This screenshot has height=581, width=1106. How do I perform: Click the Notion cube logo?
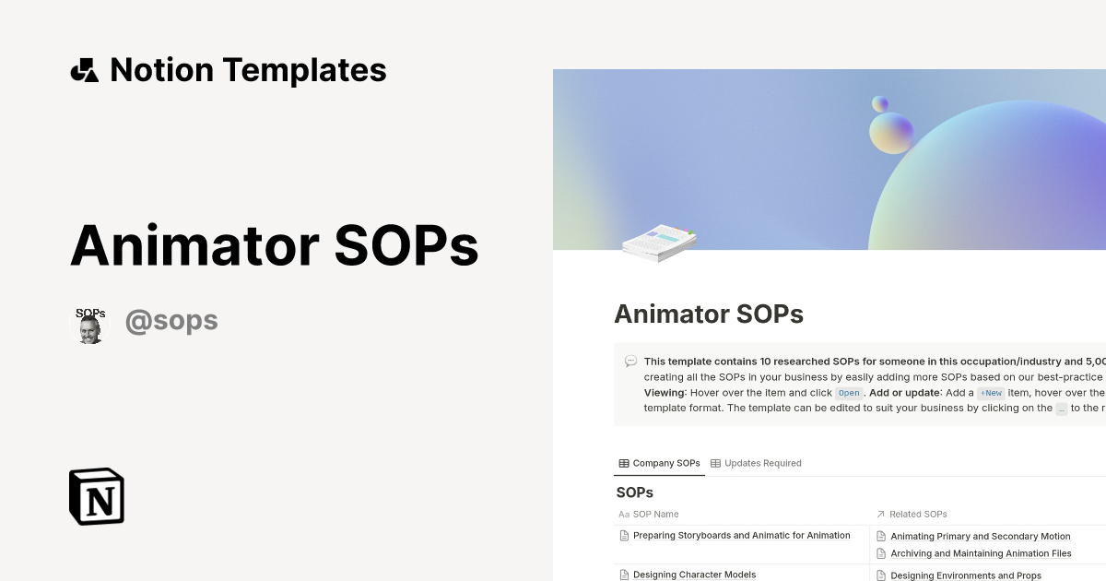tap(97, 496)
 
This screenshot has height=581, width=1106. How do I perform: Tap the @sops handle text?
tap(171, 321)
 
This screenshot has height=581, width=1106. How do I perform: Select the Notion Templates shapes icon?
tap(85, 70)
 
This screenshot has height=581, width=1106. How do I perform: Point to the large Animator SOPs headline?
tap(275, 246)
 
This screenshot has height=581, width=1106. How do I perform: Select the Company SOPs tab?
tap(659, 463)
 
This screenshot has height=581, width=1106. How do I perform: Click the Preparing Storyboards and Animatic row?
tap(741, 535)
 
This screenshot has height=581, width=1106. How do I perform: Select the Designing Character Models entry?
tap(694, 575)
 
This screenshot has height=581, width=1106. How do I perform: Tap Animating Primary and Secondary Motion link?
tap(980, 536)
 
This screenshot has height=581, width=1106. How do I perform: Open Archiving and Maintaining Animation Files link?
tap(981, 553)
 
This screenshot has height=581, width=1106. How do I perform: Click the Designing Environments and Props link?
tap(965, 575)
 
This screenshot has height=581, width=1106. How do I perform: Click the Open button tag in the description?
tap(848, 393)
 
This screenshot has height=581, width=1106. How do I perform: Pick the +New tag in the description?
tap(991, 393)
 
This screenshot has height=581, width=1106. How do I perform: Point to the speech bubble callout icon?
tap(630, 362)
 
